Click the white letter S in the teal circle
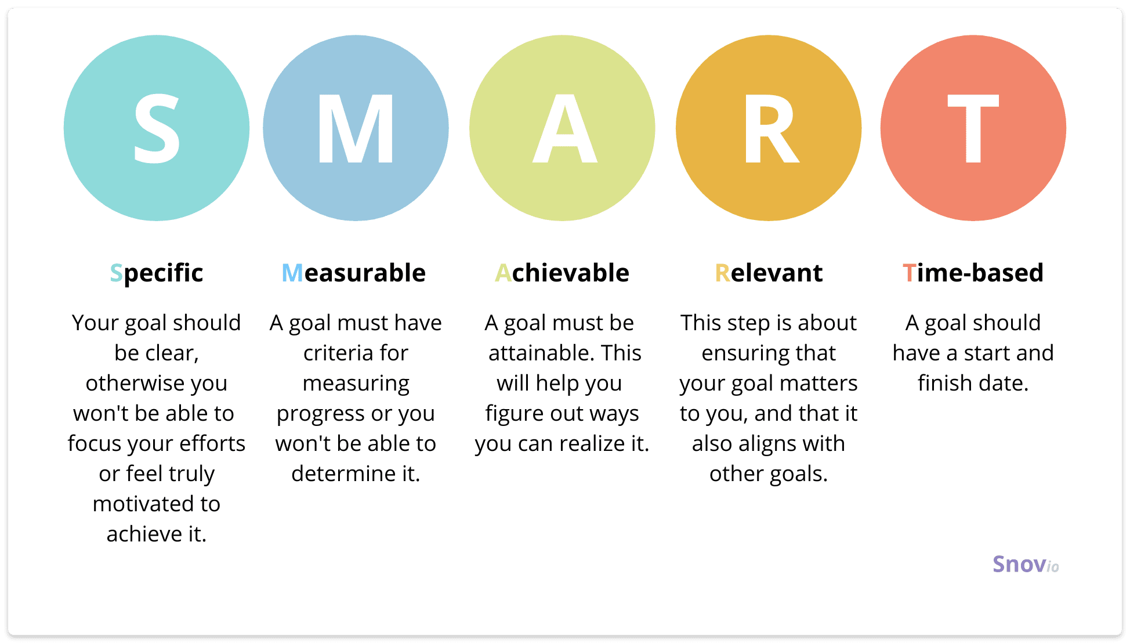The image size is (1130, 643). [157, 128]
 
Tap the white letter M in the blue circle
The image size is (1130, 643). [356, 128]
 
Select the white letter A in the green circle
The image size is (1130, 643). [564, 128]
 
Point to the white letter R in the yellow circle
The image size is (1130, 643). [771, 128]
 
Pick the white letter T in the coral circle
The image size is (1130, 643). [973, 128]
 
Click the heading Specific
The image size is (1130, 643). [157, 273]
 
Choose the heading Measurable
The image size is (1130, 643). [353, 273]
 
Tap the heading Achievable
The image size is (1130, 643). [562, 273]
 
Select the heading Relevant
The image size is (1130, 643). [769, 273]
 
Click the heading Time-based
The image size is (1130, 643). [973, 273]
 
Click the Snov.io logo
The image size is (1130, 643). [1026, 564]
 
